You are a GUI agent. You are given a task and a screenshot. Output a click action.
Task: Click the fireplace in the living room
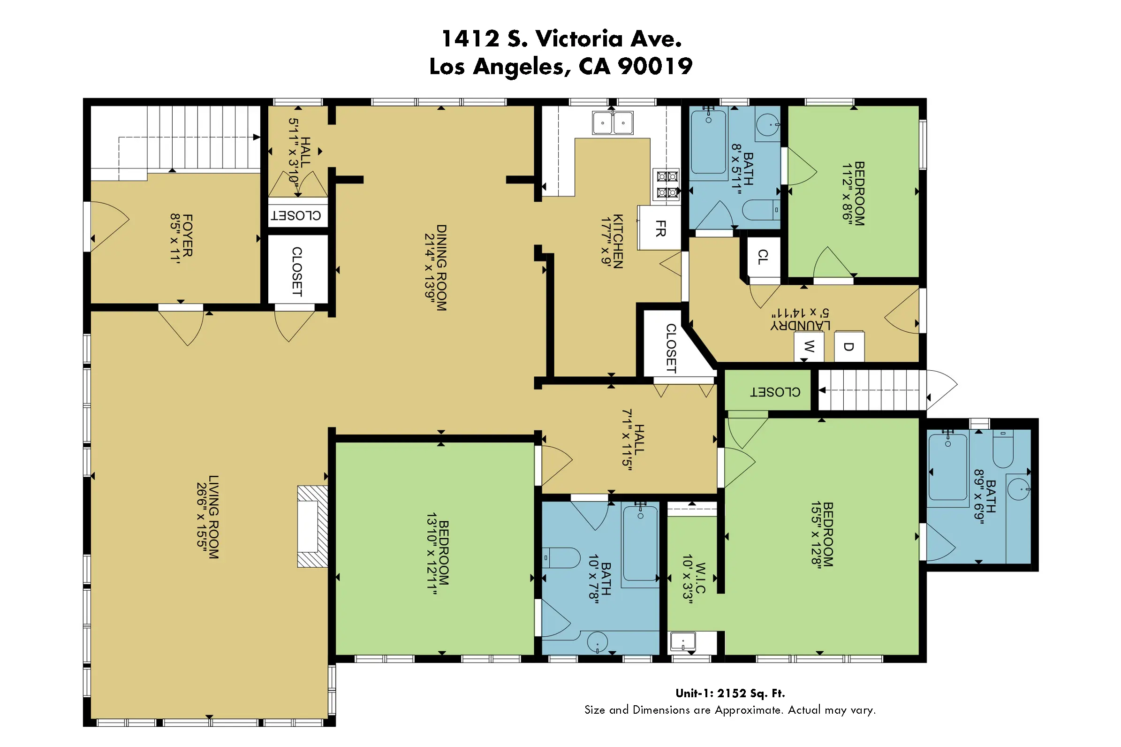pyautogui.click(x=312, y=526)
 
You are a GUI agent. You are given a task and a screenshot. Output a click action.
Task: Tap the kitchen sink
pyautogui.click(x=613, y=122)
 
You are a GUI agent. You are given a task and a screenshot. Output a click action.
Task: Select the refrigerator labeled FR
pyautogui.click(x=659, y=228)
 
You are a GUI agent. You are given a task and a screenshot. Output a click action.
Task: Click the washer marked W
pyautogui.click(x=809, y=346)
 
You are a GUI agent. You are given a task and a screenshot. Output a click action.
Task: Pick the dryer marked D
pyautogui.click(x=848, y=346)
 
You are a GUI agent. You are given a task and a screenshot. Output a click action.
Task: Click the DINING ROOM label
pyautogui.click(x=441, y=268)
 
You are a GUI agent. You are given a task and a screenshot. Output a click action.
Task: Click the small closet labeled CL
pyautogui.click(x=763, y=257)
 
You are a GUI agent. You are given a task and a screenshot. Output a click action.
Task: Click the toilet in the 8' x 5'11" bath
pyautogui.click(x=761, y=210)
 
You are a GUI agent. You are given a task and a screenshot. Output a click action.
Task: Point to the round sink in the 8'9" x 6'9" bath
pyautogui.click(x=1018, y=489)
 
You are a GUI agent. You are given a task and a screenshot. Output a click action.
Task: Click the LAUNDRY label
pyautogui.click(x=801, y=325)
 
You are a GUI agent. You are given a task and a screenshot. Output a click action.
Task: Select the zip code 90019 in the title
pyautogui.click(x=655, y=66)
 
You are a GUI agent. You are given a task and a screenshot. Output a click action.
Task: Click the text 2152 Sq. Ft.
pyautogui.click(x=751, y=693)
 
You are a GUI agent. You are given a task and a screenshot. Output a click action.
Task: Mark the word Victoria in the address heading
pyautogui.click(x=579, y=38)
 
